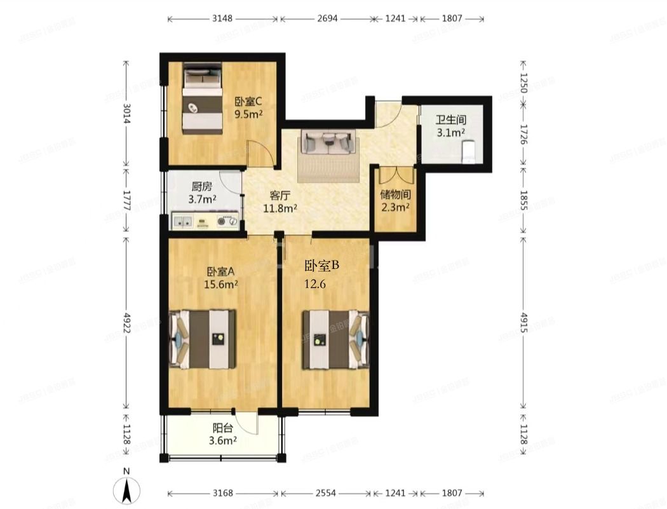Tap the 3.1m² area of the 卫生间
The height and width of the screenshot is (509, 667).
pos(450,133)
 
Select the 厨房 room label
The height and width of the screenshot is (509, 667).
pos(202,187)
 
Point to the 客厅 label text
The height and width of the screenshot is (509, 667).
pos(281,195)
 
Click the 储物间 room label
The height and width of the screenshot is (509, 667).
pos(394,194)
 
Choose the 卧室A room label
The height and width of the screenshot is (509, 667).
pos(220,273)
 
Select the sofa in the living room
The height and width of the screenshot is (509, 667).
pos(327,142)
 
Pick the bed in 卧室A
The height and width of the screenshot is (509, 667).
pos(203,339)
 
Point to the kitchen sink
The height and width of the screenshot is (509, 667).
pos(184,222)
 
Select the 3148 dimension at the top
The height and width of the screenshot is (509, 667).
pos(222,18)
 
